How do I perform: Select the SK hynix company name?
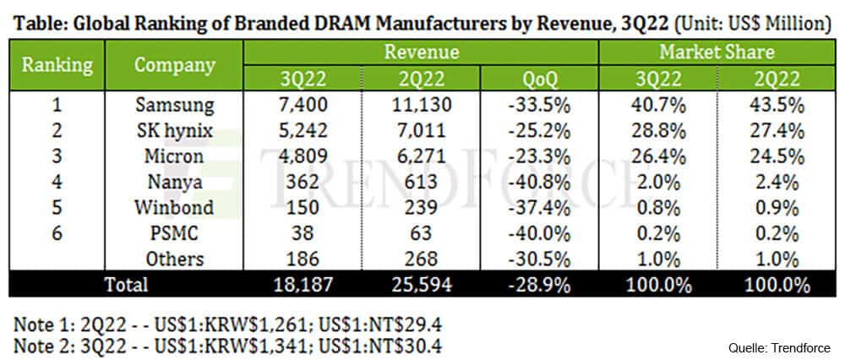pos(174,132)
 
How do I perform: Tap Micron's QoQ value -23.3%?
pos(538,157)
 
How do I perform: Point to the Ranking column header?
pos(57,65)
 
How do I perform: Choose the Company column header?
pos(174,65)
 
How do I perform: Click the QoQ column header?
pos(538,79)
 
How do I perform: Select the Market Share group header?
pos(716,52)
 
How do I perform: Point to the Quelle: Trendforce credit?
pos(780,348)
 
